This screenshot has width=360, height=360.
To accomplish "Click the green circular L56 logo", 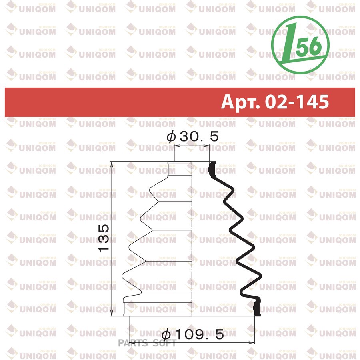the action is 300,45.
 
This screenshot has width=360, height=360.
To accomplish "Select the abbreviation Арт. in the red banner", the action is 240,102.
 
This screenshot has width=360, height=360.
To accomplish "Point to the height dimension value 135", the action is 104,238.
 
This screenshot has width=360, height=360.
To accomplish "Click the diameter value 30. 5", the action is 199,137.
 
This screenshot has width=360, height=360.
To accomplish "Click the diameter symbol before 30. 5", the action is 171,137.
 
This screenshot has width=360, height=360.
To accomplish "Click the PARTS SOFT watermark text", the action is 147,343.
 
